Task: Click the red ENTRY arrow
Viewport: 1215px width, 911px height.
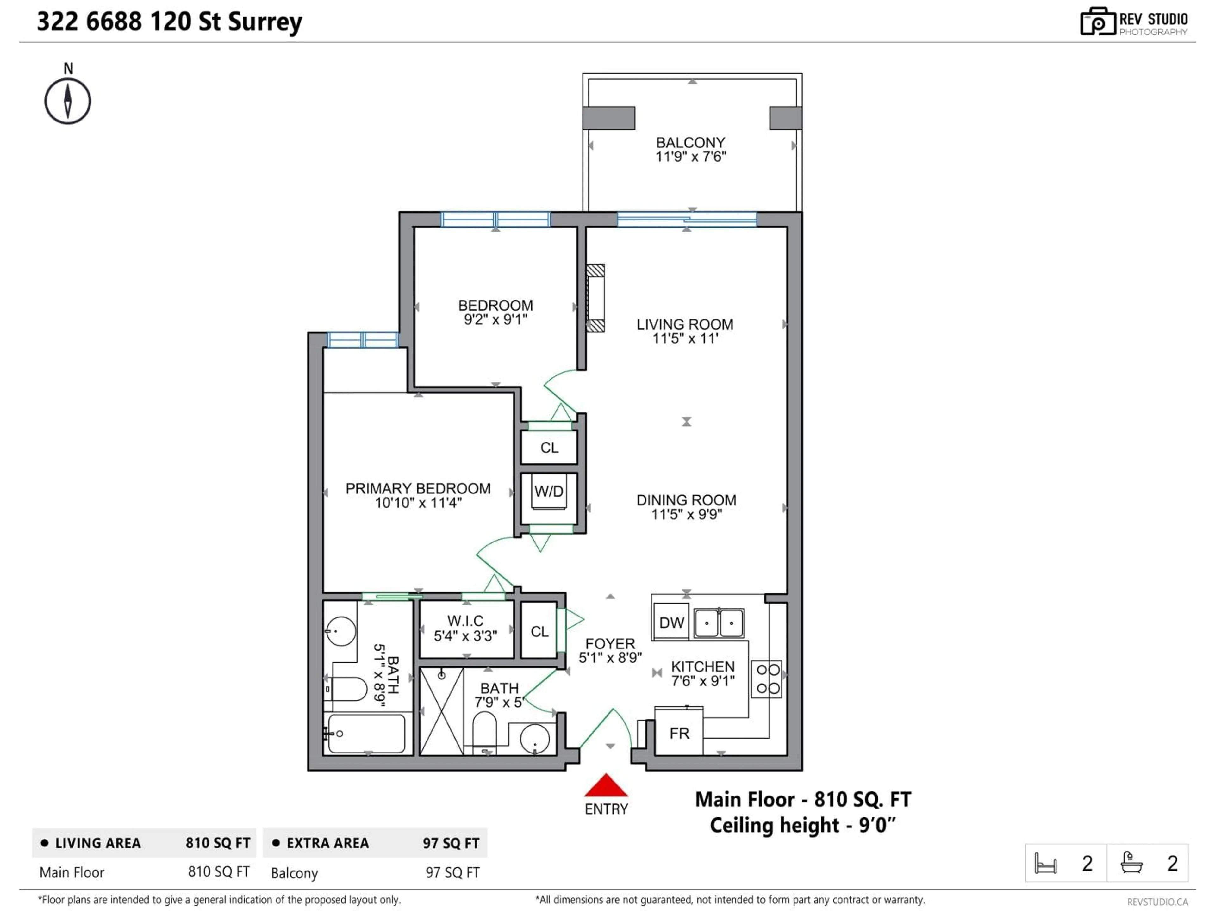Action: pyautogui.click(x=606, y=786)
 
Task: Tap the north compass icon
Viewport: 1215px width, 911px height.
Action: pyautogui.click(x=68, y=101)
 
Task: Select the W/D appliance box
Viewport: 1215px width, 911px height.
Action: pyautogui.click(x=549, y=492)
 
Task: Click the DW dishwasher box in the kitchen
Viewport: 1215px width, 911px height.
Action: pyautogui.click(x=671, y=623)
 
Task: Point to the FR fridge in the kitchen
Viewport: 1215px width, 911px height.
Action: pyautogui.click(x=679, y=733)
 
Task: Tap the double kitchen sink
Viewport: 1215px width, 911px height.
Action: pyautogui.click(x=719, y=623)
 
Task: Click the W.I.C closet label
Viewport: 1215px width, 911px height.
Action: pyautogui.click(x=465, y=621)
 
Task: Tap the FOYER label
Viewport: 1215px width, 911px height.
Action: pyautogui.click(x=610, y=644)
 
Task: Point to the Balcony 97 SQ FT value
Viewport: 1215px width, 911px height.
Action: pyautogui.click(x=452, y=872)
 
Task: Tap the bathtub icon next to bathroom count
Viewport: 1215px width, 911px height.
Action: pyautogui.click(x=1131, y=863)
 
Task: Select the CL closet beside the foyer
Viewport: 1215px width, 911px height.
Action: pyautogui.click(x=539, y=631)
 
